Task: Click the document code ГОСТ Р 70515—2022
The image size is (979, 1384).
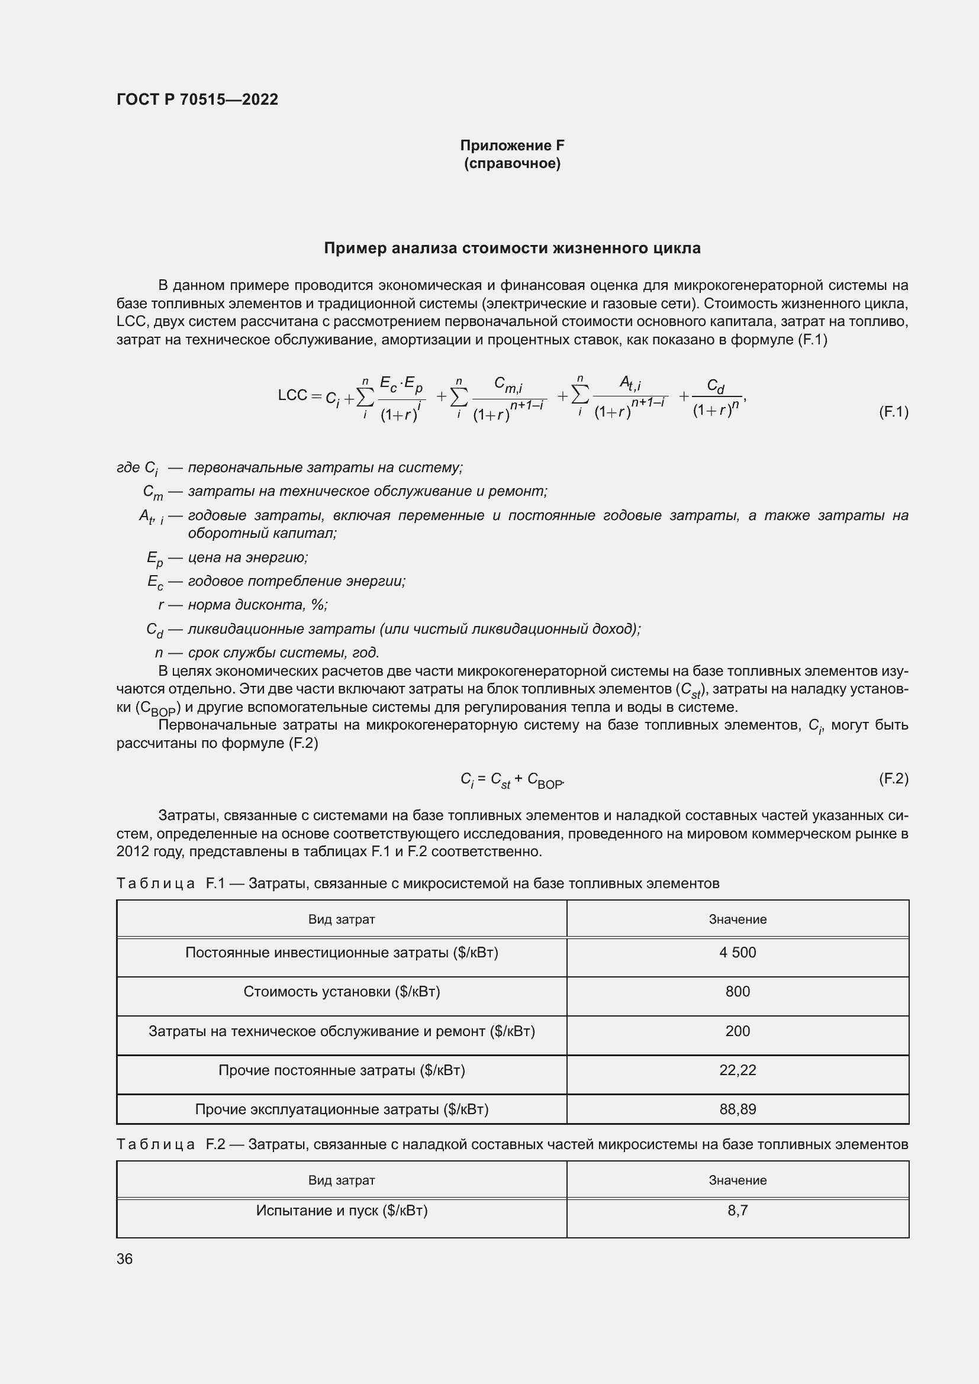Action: (197, 99)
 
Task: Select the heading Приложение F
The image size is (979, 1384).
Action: (512, 146)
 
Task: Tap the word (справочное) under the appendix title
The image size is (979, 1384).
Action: (512, 164)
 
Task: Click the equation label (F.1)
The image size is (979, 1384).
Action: (893, 412)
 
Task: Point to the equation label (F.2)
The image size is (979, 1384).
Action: (893, 779)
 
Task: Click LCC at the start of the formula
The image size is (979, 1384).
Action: (292, 395)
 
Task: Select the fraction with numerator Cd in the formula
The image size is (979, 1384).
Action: (716, 398)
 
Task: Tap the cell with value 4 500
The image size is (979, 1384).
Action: (738, 953)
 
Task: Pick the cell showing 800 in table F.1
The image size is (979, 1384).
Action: (738, 992)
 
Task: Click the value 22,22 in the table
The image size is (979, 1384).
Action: (738, 1070)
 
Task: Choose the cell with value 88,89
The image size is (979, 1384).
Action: (738, 1109)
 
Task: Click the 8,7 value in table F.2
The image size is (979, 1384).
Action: (738, 1211)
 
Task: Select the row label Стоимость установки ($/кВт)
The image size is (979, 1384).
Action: (341, 992)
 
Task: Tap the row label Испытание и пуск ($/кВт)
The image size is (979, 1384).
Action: (341, 1211)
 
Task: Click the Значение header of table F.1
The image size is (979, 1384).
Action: (738, 920)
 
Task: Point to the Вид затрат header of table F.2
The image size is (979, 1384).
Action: (341, 1180)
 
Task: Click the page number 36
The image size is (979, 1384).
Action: (125, 1259)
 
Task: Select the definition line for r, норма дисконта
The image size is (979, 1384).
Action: (243, 605)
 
